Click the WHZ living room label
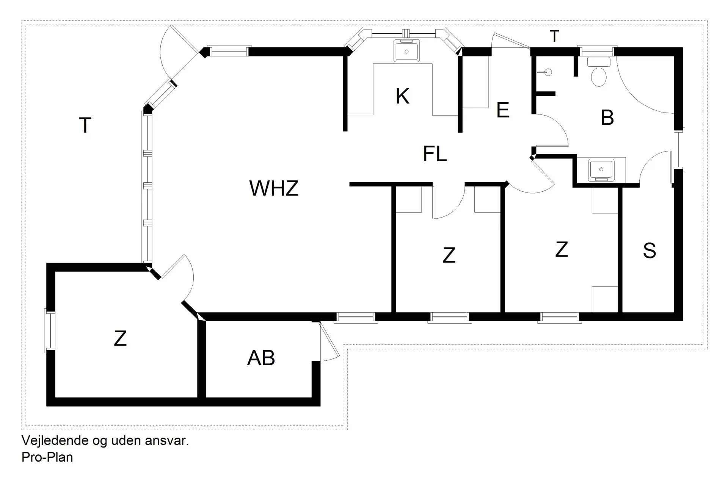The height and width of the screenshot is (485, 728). (x=274, y=188)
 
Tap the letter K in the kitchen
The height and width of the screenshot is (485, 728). (x=402, y=96)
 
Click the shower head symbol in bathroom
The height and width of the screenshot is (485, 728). (x=548, y=72)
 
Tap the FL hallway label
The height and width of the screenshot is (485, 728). (x=435, y=154)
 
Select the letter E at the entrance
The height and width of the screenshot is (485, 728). (x=502, y=110)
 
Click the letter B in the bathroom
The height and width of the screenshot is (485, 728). (x=607, y=117)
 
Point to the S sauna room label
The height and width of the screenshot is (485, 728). (x=649, y=250)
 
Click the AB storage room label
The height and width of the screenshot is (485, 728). (x=261, y=358)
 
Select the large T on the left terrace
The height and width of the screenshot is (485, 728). (x=85, y=125)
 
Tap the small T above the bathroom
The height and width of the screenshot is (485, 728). (x=554, y=36)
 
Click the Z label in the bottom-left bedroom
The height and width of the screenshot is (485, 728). (x=120, y=338)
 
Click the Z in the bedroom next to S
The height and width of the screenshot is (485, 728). (x=561, y=250)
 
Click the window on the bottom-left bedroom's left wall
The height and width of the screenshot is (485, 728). (x=50, y=330)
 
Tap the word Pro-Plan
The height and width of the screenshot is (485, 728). (x=47, y=457)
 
